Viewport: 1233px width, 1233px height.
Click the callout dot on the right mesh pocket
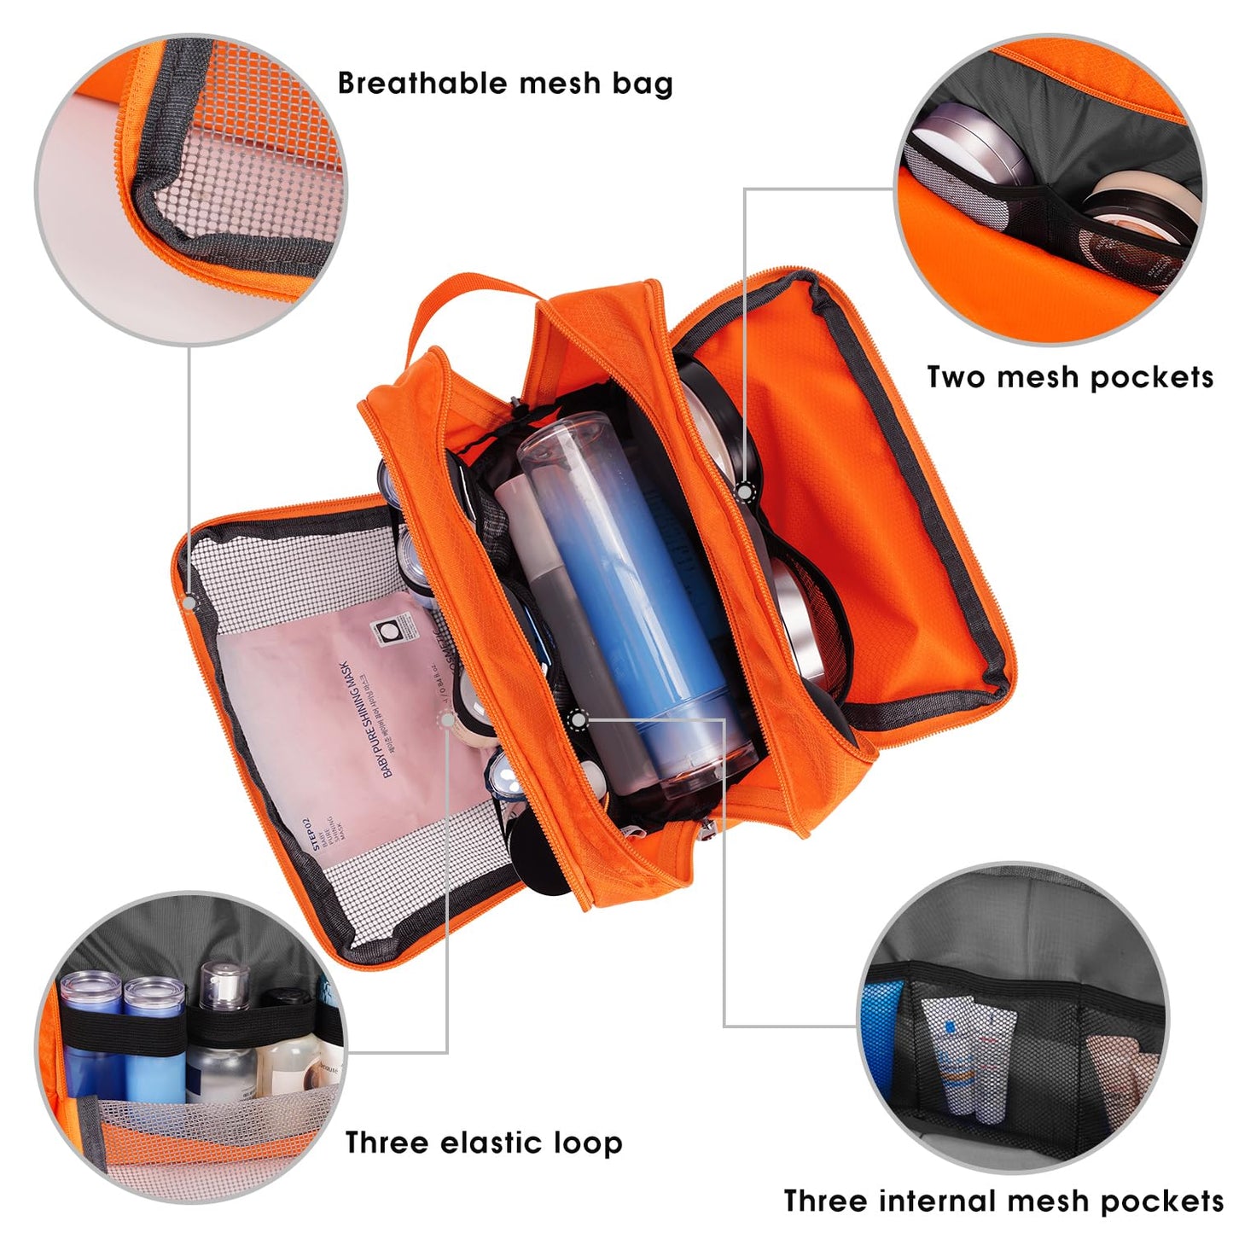click(x=745, y=491)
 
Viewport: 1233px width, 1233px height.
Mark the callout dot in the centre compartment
click(x=579, y=721)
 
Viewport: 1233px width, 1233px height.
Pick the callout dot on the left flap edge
click(x=189, y=602)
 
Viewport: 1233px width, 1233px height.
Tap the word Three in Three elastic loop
click(x=383, y=1143)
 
